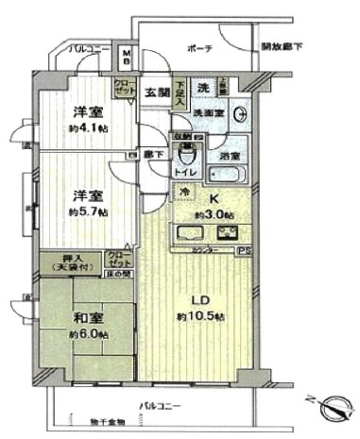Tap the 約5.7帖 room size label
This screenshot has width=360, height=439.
(86, 212)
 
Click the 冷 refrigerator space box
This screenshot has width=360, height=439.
(183, 193)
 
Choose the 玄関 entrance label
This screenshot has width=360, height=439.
(156, 92)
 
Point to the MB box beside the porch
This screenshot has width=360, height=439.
(128, 56)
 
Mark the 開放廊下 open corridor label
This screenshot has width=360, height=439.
(283, 47)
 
